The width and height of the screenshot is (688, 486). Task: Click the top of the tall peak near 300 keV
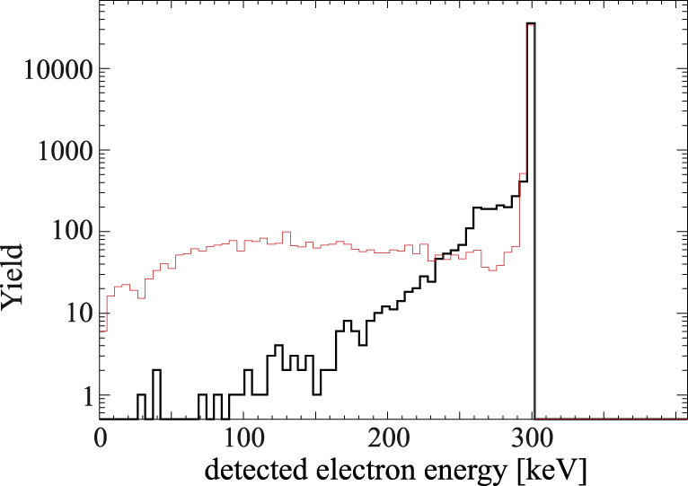tap(531, 24)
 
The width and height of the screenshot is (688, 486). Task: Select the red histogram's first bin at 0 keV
tap(103, 330)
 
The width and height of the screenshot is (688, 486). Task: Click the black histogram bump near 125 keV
tap(278, 346)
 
